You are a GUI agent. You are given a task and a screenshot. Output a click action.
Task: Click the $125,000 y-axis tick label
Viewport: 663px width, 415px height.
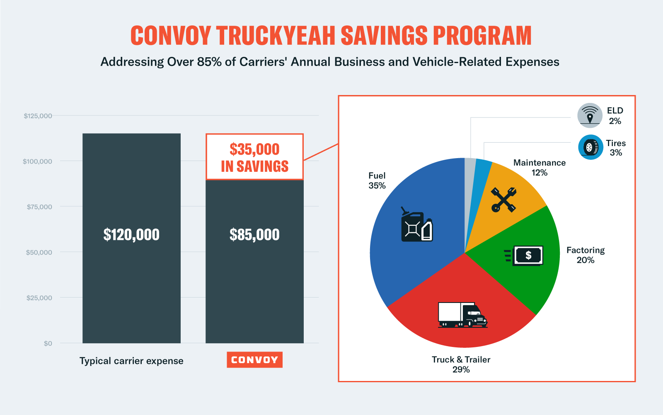point(38,116)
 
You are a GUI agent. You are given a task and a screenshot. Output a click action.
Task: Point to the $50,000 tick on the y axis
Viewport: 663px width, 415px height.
point(39,252)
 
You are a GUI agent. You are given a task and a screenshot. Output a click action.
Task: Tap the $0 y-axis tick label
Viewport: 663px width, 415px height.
point(48,343)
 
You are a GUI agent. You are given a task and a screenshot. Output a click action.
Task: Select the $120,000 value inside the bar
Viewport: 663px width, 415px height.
point(131,235)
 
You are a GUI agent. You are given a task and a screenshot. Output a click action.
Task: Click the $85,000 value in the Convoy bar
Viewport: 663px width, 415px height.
point(254,235)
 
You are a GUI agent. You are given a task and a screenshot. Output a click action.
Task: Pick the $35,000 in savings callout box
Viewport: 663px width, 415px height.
point(254,157)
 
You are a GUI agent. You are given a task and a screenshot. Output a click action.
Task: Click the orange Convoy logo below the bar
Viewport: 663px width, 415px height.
point(254,360)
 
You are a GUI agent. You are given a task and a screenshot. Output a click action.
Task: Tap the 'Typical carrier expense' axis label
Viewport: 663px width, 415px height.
point(131,361)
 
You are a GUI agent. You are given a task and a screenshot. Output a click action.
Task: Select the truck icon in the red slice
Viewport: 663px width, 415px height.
point(462,315)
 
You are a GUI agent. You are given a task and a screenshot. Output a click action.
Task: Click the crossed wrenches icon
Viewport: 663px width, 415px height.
point(503,200)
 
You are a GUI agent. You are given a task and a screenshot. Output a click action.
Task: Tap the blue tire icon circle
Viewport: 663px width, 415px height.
point(590,147)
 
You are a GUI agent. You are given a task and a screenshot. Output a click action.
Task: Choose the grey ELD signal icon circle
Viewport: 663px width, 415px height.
point(590,115)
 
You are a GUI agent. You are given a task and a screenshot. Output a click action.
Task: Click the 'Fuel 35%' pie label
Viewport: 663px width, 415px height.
point(377,181)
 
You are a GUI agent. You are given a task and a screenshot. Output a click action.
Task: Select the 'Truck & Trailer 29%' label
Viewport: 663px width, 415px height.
point(461,364)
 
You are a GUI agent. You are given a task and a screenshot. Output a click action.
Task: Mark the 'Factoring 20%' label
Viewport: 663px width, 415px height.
point(586,255)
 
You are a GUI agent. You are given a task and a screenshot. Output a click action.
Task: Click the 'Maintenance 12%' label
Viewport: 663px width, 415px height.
point(540,168)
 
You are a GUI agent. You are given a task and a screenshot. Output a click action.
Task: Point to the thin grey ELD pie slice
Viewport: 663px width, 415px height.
point(469,174)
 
